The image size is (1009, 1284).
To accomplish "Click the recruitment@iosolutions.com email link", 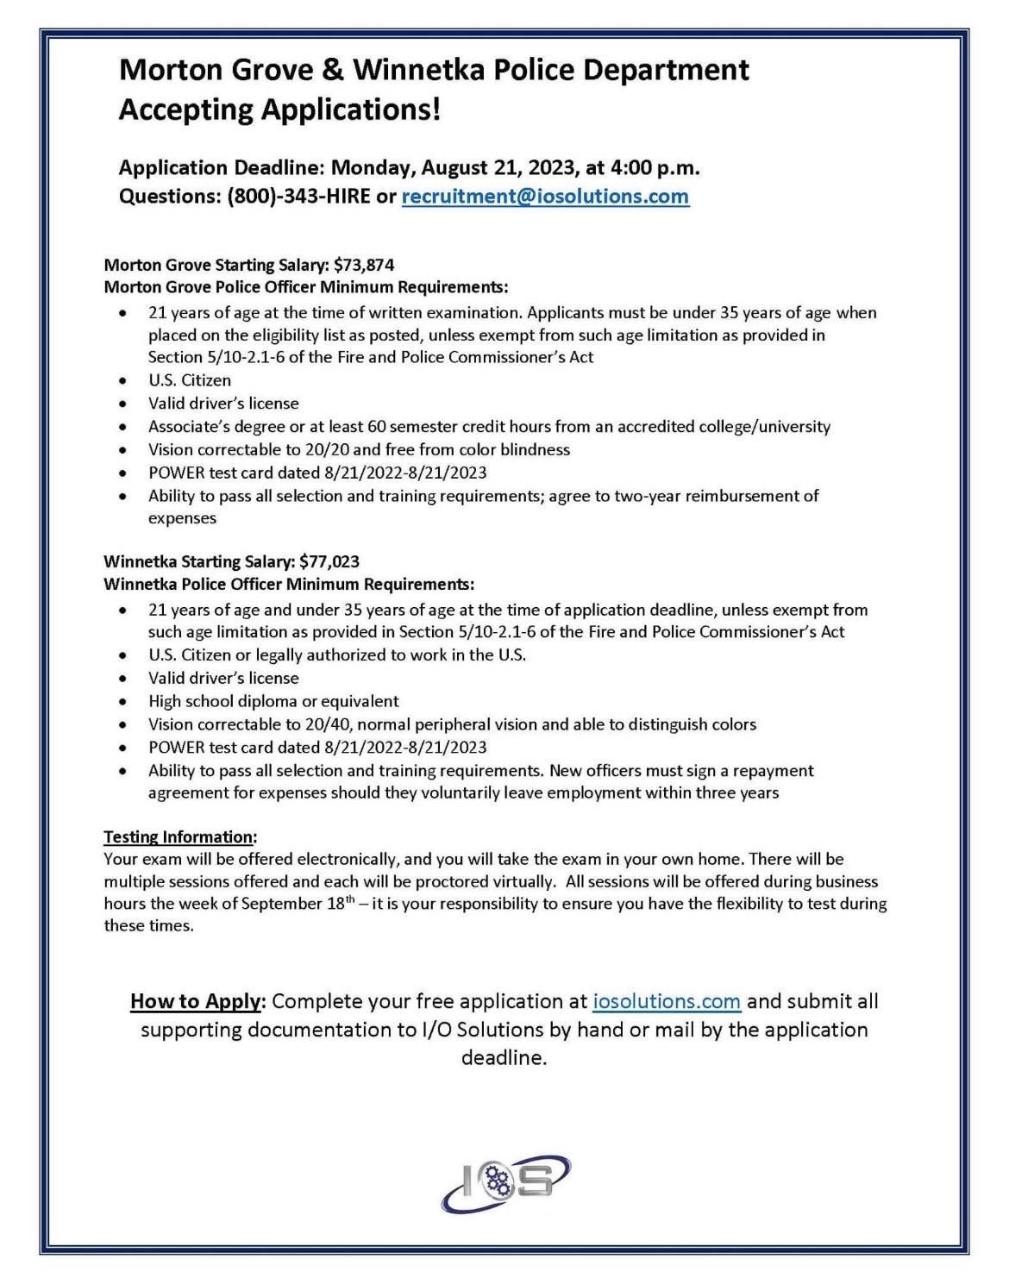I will pos(545,196).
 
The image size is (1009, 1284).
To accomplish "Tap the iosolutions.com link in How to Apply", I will pos(667,1001).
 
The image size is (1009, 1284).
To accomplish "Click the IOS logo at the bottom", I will pos(505,1183).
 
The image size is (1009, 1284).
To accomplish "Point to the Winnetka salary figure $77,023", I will pos(329,562).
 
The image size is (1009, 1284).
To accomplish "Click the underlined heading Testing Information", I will pos(179,837).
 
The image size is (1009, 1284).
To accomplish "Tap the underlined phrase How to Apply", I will pos(195,1001).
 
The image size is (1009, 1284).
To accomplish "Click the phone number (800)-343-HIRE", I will pos(298,196).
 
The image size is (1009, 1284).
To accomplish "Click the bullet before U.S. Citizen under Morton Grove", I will pos(126,381).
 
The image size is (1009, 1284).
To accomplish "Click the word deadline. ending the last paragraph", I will pos(504,1057).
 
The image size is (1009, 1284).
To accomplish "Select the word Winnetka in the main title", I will pos(418,69).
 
